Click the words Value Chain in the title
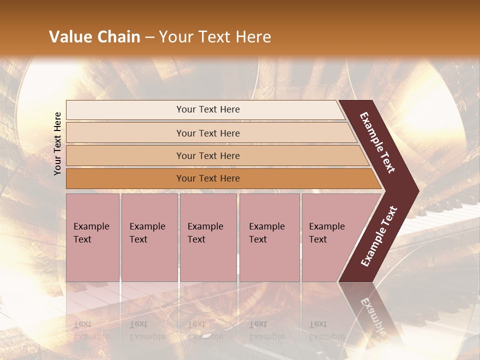pos(94,37)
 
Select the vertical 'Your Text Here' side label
pos(57,143)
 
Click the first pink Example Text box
pos(92,237)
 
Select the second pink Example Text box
pos(149,237)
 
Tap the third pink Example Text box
pos(208,237)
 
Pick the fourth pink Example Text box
pos(269,237)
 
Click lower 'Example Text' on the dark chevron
pos(379,236)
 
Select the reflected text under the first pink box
pos(91,330)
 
